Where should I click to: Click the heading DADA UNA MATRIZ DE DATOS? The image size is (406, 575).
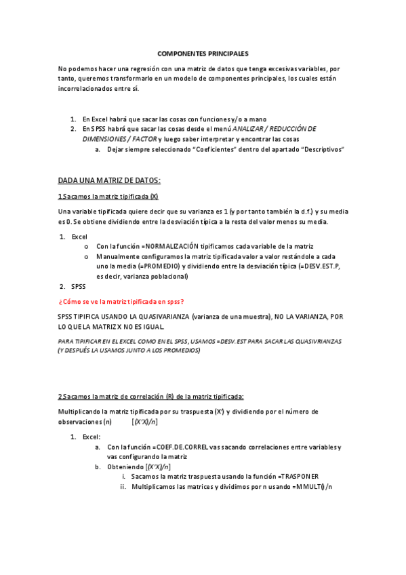click(x=108, y=180)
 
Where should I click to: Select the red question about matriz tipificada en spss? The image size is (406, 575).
click(x=121, y=301)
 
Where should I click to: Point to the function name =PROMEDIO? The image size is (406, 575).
click(x=160, y=266)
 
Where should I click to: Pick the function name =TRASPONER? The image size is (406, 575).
click(x=298, y=477)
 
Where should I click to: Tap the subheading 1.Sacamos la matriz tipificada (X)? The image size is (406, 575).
click(x=108, y=197)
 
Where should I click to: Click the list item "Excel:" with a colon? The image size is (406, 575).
click(x=92, y=437)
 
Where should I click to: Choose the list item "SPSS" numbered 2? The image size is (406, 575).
click(x=79, y=286)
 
